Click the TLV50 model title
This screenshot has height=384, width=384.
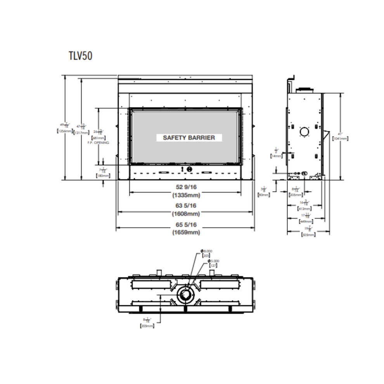pyautogui.click(x=81, y=56)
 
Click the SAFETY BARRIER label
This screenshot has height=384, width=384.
pyautogui.click(x=189, y=138)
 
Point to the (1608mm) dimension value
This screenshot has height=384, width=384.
pyautogui.click(x=186, y=214)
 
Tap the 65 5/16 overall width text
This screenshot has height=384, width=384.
pyautogui.click(x=186, y=225)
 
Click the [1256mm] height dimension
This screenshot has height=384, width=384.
pyautogui.click(x=64, y=131)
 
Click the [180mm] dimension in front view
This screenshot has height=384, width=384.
pyautogui.click(x=103, y=176)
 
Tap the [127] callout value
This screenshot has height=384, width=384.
pyautogui.click(x=213, y=266)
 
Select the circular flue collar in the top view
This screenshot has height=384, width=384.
pyautogui.click(x=185, y=296)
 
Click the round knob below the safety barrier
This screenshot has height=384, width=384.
pyautogui.click(x=189, y=170)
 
